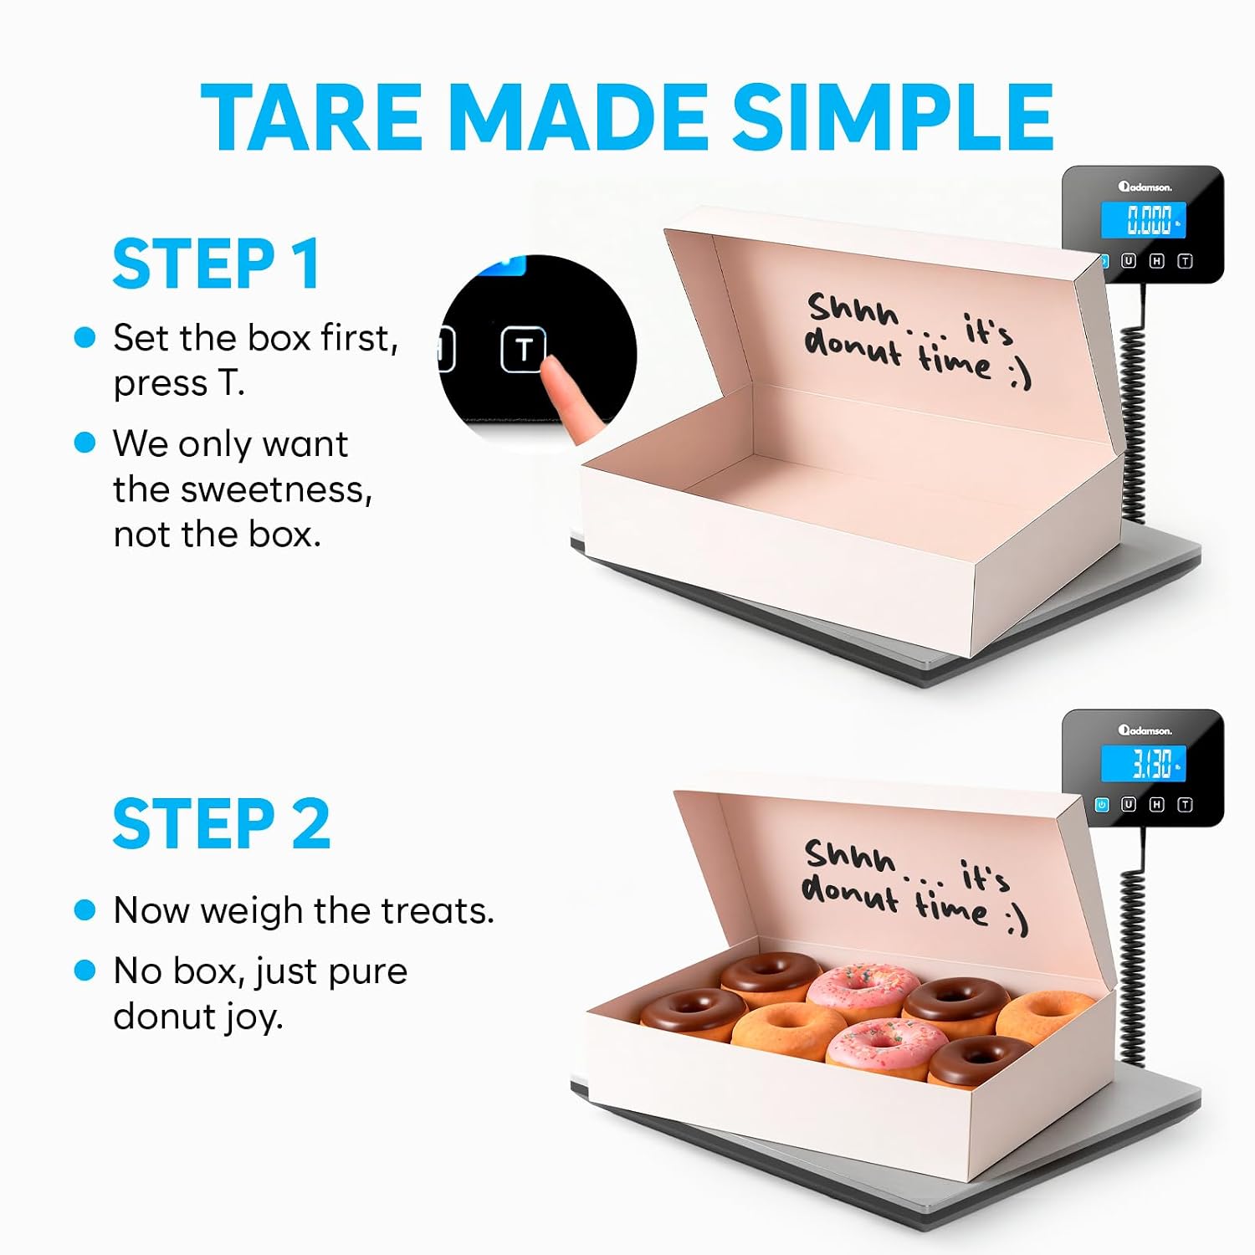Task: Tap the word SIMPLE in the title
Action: (893, 118)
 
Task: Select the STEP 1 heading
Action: (216, 264)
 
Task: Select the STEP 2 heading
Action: (222, 823)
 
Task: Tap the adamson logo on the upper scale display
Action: (1145, 187)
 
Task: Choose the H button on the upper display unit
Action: (1156, 261)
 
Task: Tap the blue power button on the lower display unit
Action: (1102, 805)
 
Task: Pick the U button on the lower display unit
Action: (1128, 805)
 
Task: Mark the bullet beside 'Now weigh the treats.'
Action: (85, 909)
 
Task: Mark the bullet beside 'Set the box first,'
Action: (85, 337)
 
